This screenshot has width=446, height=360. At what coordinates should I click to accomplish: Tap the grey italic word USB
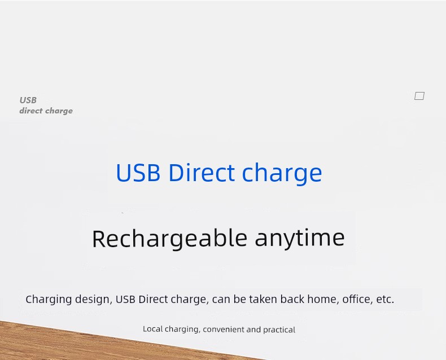coord(28,100)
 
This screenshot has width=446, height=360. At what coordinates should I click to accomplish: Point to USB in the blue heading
coord(138,173)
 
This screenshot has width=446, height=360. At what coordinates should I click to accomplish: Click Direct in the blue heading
coord(202,172)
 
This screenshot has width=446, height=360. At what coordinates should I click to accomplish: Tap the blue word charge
coord(282,174)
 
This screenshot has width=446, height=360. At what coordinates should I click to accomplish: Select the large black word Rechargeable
coord(169,239)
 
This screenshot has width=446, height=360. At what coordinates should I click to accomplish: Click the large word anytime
coord(300,238)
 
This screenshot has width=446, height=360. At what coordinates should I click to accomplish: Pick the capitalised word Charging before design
coord(49,300)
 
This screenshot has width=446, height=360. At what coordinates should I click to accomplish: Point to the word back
coord(292,299)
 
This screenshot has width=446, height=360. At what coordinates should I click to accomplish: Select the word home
coord(323,300)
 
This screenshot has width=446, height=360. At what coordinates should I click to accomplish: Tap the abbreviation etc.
coord(385,300)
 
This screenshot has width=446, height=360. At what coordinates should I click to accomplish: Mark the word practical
coord(279,330)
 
